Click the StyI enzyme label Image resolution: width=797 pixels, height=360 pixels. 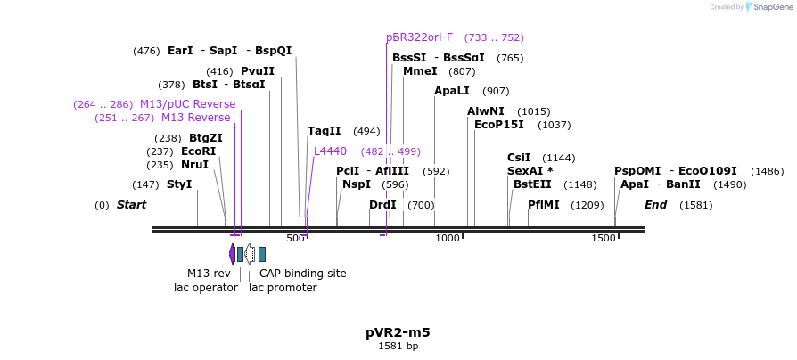coord(179,184)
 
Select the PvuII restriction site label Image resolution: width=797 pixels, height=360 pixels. coord(258,71)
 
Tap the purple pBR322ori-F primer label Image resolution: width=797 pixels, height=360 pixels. coord(420,37)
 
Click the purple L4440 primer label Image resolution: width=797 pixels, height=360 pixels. coord(330,151)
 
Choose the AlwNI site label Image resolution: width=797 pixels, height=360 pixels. coord(486,111)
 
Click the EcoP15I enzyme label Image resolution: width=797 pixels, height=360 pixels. coord(499,125)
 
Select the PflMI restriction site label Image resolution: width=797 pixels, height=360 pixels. coord(544,205)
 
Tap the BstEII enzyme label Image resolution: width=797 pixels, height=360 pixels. coord(532,184)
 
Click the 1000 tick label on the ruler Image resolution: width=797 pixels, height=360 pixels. coord(448,238)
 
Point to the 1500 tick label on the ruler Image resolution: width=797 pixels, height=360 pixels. coord(604,238)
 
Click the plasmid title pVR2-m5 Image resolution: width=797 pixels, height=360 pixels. coord(398,332)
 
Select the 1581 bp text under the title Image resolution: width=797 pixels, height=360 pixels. coord(398,347)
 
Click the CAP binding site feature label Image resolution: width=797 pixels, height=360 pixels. coord(302,274)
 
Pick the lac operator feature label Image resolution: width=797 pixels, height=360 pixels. coord(206,288)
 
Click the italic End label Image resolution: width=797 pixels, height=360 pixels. coord(656,205)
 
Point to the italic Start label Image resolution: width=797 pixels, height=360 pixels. coord(131,205)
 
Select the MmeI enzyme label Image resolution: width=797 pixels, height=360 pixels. coord(420,71)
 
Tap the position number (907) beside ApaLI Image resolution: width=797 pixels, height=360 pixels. coord(496,91)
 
